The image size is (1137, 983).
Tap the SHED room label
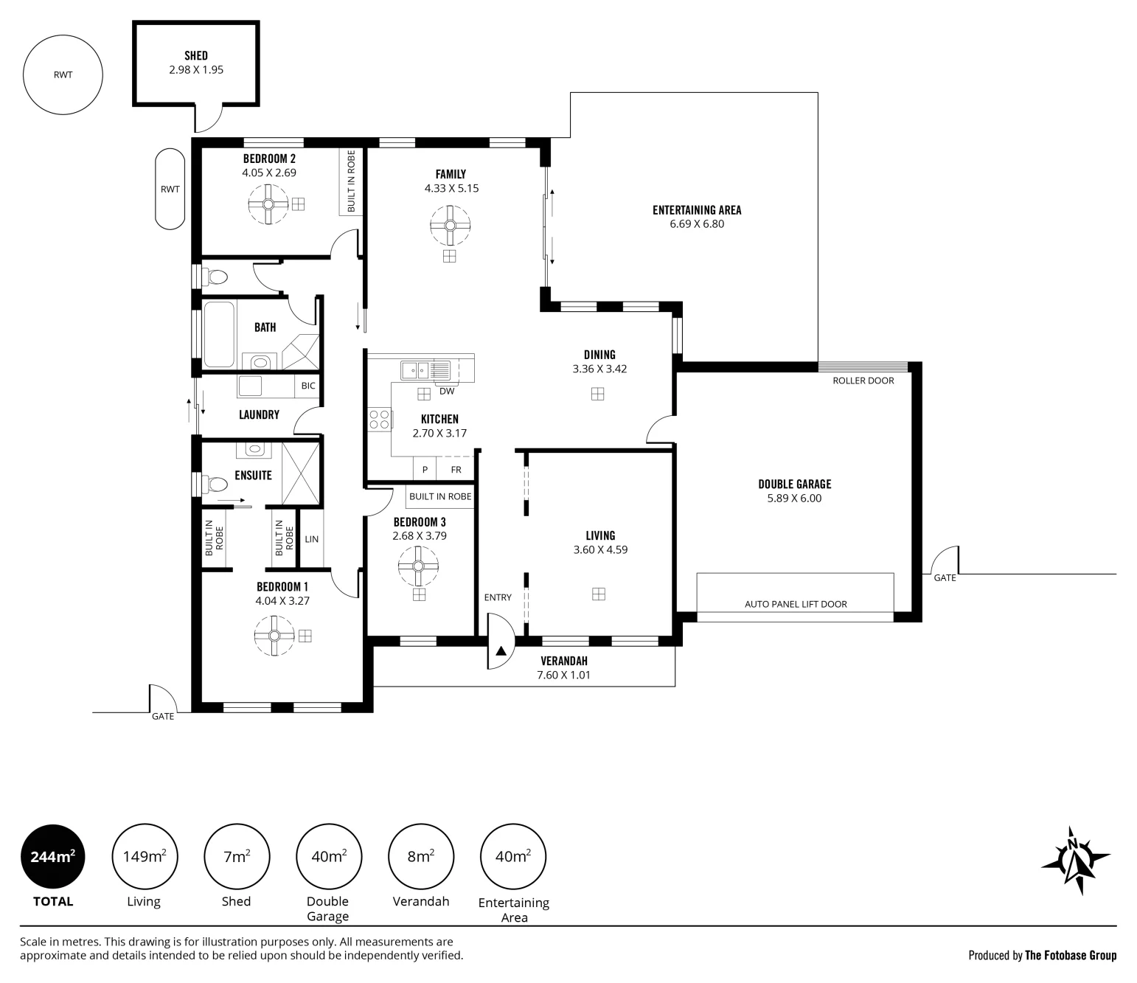(196, 55)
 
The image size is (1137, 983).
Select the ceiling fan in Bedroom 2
(268, 204)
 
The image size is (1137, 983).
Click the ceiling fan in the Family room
(451, 225)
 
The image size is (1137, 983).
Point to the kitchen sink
(416, 370)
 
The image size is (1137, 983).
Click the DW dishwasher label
(448, 391)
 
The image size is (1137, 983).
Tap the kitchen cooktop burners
(380, 419)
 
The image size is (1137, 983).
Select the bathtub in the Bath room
(219, 334)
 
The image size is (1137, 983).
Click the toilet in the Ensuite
(215, 484)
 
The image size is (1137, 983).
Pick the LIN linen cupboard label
(312, 539)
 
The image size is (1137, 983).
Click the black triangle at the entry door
(501, 651)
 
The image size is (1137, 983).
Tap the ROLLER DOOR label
(863, 381)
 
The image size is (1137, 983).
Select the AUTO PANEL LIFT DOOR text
(796, 604)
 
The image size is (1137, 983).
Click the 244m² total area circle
(53, 857)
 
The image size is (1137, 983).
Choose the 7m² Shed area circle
(237, 856)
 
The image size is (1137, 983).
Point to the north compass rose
(1075, 861)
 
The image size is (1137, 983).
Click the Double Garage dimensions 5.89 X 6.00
(794, 499)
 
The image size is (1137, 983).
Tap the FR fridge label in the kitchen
(456, 470)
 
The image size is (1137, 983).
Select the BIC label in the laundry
(309, 386)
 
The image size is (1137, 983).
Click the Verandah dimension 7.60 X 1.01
(564, 675)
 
